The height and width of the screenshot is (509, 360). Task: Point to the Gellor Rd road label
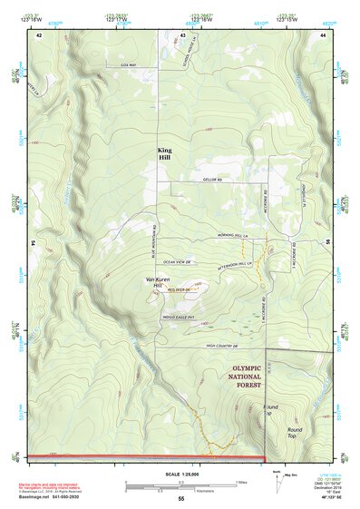212,181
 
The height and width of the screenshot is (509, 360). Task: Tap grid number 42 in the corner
38,34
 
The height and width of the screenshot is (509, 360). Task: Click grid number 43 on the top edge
182,34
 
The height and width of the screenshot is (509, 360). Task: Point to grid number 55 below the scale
180,499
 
